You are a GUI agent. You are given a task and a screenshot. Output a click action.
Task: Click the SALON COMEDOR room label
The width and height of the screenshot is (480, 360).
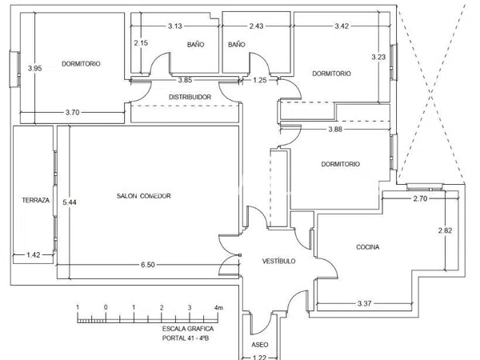point(143,196)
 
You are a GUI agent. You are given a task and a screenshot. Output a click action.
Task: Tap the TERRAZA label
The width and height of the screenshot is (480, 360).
point(36,200)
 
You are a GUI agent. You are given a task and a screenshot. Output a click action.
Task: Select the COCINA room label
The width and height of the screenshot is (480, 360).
point(368,247)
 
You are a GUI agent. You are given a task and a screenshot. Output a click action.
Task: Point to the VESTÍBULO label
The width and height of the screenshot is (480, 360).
point(279,261)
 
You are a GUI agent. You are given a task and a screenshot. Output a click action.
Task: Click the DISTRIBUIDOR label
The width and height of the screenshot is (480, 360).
point(190,97)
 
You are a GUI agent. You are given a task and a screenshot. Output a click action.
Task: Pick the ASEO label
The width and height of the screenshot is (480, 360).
point(260,345)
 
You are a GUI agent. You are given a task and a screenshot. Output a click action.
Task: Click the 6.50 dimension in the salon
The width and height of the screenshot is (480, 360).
point(148,265)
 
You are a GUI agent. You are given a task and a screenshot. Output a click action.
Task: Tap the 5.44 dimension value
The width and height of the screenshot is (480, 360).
point(70,202)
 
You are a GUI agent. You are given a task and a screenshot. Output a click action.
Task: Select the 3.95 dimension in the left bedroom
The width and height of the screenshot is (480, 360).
point(35,68)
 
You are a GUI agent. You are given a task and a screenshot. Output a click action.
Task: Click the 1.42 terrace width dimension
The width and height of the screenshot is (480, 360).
point(34,254)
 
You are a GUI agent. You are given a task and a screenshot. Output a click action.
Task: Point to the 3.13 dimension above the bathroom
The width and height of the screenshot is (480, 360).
point(174,26)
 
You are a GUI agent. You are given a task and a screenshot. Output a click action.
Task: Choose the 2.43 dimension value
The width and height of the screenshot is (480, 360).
point(256,26)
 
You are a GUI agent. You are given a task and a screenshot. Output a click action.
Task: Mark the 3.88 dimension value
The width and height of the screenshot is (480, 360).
point(335,129)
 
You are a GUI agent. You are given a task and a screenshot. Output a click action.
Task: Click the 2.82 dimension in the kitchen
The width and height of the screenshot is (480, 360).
point(445,230)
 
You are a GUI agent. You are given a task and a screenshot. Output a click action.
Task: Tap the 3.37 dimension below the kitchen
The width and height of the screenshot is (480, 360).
point(364,303)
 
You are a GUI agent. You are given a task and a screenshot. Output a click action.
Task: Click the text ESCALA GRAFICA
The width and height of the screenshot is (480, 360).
point(188,329)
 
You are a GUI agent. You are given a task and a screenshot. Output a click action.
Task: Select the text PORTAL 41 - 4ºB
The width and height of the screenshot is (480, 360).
point(186,338)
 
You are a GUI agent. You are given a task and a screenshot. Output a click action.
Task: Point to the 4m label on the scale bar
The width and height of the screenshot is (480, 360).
point(218,307)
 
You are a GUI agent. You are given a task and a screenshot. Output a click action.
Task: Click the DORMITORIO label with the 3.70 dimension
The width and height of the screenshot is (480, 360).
point(81,64)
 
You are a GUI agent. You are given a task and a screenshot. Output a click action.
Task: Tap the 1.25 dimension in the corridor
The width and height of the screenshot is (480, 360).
point(260,80)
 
